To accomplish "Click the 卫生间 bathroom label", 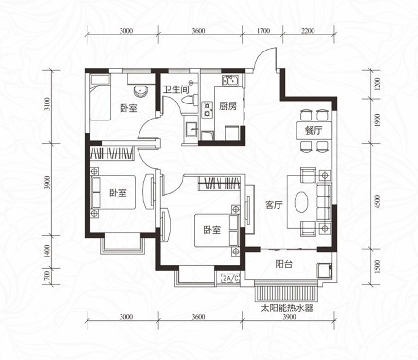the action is [x=176, y=89].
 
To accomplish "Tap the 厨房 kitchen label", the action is [x=228, y=106].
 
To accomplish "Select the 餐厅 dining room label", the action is [x=314, y=131].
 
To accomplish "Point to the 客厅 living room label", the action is [x=274, y=205].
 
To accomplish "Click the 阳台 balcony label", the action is [x=284, y=264].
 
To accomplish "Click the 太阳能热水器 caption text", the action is [x=287, y=309].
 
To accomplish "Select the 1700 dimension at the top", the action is [x=263, y=31].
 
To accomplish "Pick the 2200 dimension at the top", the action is [x=308, y=31].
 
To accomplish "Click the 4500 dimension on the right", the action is [x=377, y=202].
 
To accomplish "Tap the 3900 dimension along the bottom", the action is [x=289, y=317].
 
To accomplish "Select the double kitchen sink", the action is [x=230, y=81].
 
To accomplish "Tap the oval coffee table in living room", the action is [x=301, y=202].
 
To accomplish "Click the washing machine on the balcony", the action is [x=325, y=271].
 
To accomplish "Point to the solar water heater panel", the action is [x=286, y=293].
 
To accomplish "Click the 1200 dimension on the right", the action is [x=377, y=84].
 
